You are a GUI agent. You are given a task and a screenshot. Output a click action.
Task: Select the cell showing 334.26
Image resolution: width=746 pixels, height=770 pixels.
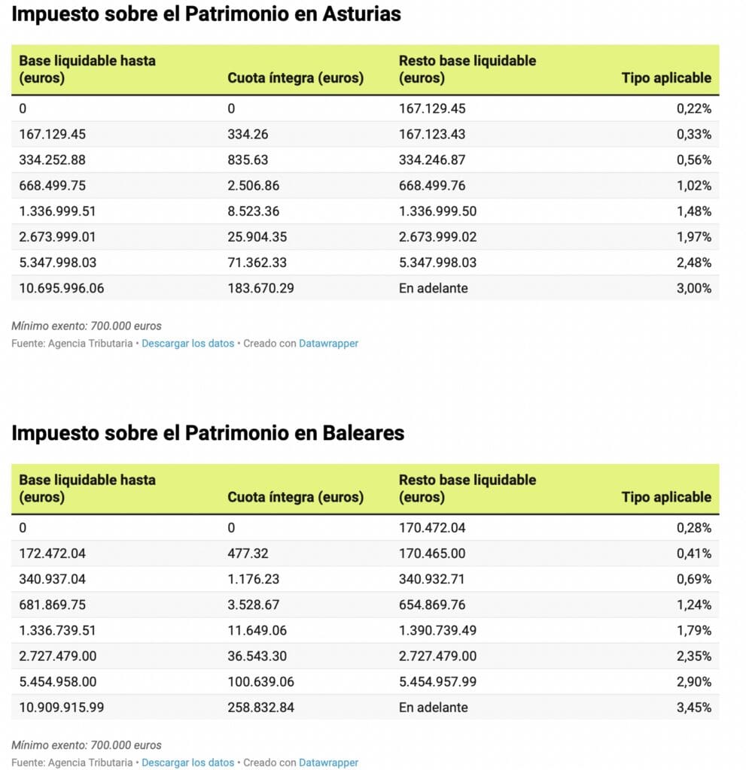(x=248, y=134)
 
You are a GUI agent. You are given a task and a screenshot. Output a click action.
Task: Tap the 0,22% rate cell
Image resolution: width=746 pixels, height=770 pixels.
(x=693, y=108)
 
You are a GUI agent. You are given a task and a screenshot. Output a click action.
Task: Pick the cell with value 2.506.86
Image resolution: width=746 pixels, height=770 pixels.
(x=254, y=185)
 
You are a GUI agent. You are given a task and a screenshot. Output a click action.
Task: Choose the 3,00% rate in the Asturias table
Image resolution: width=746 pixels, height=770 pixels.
(x=693, y=288)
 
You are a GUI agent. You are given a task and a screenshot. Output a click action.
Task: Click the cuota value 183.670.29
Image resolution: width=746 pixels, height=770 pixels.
(x=260, y=288)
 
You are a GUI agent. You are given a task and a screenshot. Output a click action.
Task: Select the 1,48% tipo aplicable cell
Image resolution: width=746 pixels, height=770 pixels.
(x=693, y=211)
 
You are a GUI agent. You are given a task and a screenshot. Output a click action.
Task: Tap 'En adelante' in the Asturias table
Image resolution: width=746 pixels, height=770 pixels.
(x=433, y=288)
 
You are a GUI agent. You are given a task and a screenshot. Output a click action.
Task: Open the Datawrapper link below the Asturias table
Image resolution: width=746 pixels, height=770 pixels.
(x=328, y=344)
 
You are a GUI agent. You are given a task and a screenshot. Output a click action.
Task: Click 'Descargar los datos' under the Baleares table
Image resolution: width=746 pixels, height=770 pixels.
(x=187, y=762)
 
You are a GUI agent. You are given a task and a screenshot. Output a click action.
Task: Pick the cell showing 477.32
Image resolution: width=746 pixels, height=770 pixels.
(x=248, y=553)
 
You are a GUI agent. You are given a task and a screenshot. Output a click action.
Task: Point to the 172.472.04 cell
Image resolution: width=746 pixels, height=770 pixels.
(x=52, y=553)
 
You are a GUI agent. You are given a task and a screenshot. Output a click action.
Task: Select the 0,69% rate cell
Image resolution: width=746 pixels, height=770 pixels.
(x=693, y=579)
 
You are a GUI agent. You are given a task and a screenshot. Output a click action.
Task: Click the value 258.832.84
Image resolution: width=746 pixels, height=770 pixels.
(x=260, y=708)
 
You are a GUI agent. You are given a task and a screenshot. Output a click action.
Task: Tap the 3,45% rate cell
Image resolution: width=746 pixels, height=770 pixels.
(x=693, y=708)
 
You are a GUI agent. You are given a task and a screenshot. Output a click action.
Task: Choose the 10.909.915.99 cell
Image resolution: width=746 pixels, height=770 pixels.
(x=57, y=708)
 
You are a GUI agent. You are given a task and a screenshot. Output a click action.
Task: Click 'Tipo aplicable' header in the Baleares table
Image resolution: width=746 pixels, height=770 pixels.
(x=666, y=497)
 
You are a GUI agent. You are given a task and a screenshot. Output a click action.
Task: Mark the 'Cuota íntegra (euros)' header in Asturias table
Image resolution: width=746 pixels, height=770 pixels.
(x=295, y=77)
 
